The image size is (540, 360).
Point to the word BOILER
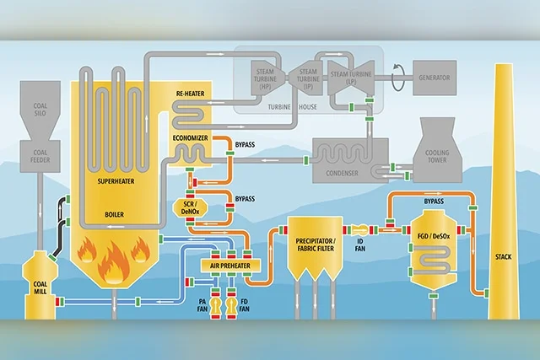tap(114, 214)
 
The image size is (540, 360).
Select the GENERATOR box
tap(434, 78)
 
